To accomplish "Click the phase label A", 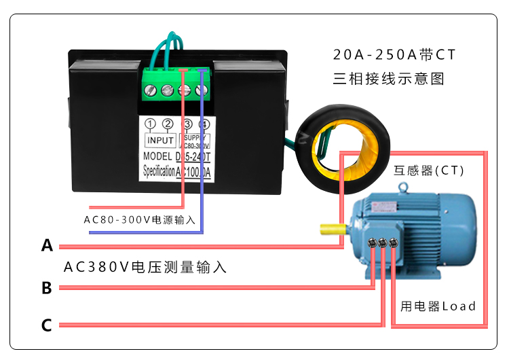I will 47,245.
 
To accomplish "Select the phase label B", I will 47,288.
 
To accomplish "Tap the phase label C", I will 47,325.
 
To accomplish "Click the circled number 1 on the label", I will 150,124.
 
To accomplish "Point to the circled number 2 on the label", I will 168,124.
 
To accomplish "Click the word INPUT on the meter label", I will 161,140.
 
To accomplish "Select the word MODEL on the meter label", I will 158,156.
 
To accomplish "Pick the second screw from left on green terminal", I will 167,90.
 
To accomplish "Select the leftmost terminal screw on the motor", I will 373,242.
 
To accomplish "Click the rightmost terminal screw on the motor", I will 393,242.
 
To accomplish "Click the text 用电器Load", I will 438,306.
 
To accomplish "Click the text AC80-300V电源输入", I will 140,219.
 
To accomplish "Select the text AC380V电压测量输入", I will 145,267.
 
